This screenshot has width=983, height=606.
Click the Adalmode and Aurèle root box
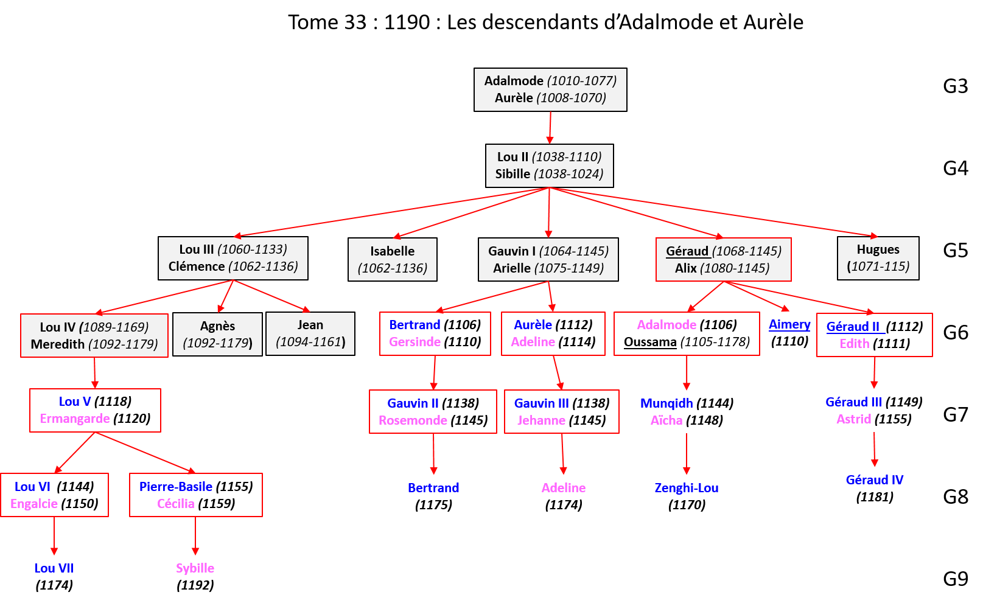coord(550,89)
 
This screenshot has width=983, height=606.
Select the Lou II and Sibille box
coord(549,165)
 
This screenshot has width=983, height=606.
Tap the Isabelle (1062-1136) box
coord(393,259)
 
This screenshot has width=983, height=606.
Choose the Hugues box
coord(878,258)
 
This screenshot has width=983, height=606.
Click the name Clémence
coord(197,266)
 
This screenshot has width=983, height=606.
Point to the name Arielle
coord(512,268)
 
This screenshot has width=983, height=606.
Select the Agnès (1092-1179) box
coord(217,334)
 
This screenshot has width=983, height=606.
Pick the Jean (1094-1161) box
coord(310,333)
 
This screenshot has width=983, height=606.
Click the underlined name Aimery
coord(789,324)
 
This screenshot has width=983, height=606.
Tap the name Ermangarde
coord(75,419)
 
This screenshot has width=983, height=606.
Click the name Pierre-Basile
coord(176,487)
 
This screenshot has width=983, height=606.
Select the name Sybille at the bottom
coord(195,568)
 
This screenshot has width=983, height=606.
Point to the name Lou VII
coord(54,568)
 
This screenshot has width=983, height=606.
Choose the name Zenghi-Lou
coord(687,488)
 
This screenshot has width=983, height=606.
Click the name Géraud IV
coord(875,480)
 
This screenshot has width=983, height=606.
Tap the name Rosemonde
coord(413,420)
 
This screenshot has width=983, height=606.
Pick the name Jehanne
coord(541,420)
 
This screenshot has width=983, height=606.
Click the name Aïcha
coord(666,420)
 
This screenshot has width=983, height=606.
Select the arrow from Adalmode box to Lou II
coord(550,127)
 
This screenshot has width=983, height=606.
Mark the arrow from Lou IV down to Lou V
coord(95,372)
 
